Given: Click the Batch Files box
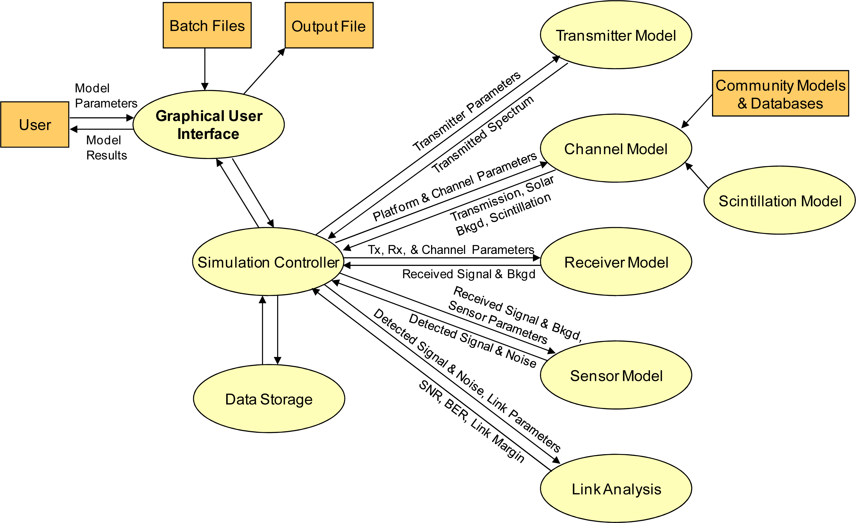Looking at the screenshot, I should click(207, 25).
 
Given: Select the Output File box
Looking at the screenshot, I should click(329, 25).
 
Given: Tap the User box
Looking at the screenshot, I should click(35, 124).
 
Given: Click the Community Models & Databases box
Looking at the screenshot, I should click(780, 93).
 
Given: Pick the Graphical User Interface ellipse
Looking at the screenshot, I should click(209, 124).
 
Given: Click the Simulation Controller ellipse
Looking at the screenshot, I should click(268, 262).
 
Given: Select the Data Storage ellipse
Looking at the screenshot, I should click(269, 399).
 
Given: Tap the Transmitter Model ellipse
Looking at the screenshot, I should click(616, 35).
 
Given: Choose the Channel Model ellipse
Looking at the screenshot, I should click(616, 148).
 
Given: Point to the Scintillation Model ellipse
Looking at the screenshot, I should click(780, 201).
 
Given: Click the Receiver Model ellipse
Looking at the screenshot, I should click(616, 262).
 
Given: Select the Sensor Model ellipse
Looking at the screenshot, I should click(616, 375).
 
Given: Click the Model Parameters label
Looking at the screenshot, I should click(106, 95).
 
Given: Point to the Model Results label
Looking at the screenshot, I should click(106, 147).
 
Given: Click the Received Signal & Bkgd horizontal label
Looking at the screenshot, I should click(468, 274).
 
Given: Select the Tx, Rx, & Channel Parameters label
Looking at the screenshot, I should click(451, 249).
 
